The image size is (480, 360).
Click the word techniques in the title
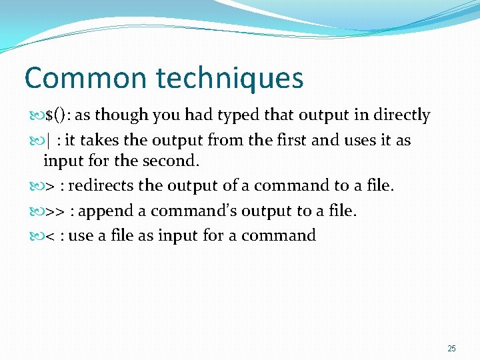(x=230, y=78)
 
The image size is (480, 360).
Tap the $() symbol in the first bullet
(x=57, y=115)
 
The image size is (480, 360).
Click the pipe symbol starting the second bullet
(x=48, y=141)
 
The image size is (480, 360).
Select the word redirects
(x=101, y=185)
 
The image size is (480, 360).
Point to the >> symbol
(x=55, y=211)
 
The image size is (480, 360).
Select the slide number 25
(x=451, y=349)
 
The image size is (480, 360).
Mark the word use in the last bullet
(x=81, y=236)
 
